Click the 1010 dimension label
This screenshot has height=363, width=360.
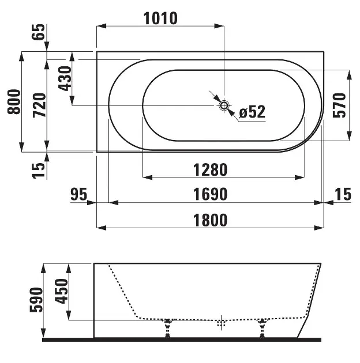pos(160,18)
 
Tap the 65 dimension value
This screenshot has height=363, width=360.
pos(38,32)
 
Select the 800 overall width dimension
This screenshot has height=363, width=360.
pos(14,101)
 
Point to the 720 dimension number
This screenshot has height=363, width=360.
pos(39,105)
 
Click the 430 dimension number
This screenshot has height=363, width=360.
pos(65,78)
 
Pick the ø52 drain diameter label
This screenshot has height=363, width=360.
pos(252,112)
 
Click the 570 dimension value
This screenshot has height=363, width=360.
pos(339,105)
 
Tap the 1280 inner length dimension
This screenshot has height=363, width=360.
pos(210,170)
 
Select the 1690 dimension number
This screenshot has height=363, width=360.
pos(210,195)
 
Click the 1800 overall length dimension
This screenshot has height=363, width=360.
pos(210,220)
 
